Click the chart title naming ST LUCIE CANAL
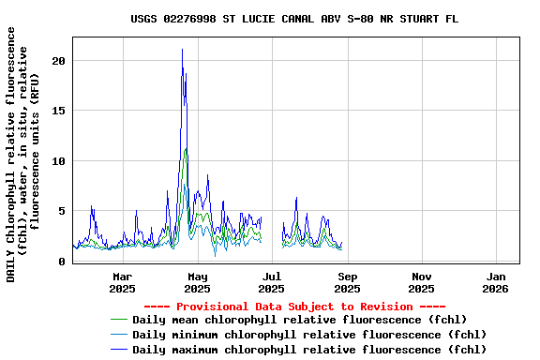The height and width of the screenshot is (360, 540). (294, 19)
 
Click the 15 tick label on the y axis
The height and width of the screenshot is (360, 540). (59, 111)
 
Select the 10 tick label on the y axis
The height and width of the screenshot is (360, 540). (59, 161)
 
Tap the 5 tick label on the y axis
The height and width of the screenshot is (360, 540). (62, 211)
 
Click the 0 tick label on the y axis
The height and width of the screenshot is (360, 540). (62, 262)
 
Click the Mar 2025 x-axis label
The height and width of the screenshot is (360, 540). (122, 282)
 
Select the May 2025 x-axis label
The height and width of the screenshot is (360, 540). (197, 282)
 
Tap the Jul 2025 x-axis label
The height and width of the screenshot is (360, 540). (272, 282)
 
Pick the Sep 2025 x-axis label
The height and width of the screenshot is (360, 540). (347, 282)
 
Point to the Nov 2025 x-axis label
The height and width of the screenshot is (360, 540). (422, 282)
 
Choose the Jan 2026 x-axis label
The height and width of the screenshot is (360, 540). (497, 282)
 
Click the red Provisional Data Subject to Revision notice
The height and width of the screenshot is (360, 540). (294, 307)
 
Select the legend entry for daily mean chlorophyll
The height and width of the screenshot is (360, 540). (300, 320)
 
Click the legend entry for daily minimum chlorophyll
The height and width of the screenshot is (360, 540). (309, 335)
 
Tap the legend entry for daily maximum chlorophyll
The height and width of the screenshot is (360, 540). (309, 350)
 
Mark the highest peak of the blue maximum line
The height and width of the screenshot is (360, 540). (182, 50)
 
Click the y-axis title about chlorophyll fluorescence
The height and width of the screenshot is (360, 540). (23, 155)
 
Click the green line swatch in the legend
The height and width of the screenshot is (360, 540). (118, 320)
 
